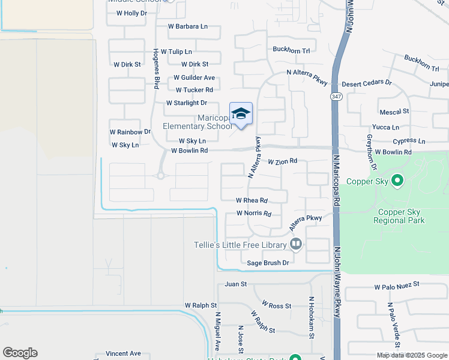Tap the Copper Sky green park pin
pyautogui.click(x=396, y=179)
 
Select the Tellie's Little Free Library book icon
pyautogui.click(x=295, y=244)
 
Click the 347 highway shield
pyautogui.click(x=334, y=96)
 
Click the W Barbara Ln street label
pyautogui.click(x=187, y=26)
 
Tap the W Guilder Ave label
pyautogui.click(x=194, y=77)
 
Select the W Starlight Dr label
pyautogui.click(x=186, y=103)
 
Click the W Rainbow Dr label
pyautogui.click(x=130, y=131)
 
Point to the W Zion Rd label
pyautogui.click(x=283, y=161)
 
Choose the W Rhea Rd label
pyautogui.click(x=252, y=200)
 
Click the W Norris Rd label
pyautogui.click(x=254, y=213)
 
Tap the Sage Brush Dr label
pyautogui.click(x=268, y=263)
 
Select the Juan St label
pyautogui.click(x=236, y=284)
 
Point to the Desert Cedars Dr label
pyautogui.click(x=366, y=83)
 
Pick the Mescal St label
pyautogui.click(x=394, y=111)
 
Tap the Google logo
pyautogui.click(x=20, y=353)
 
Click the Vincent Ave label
pyautogui.click(x=123, y=353)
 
